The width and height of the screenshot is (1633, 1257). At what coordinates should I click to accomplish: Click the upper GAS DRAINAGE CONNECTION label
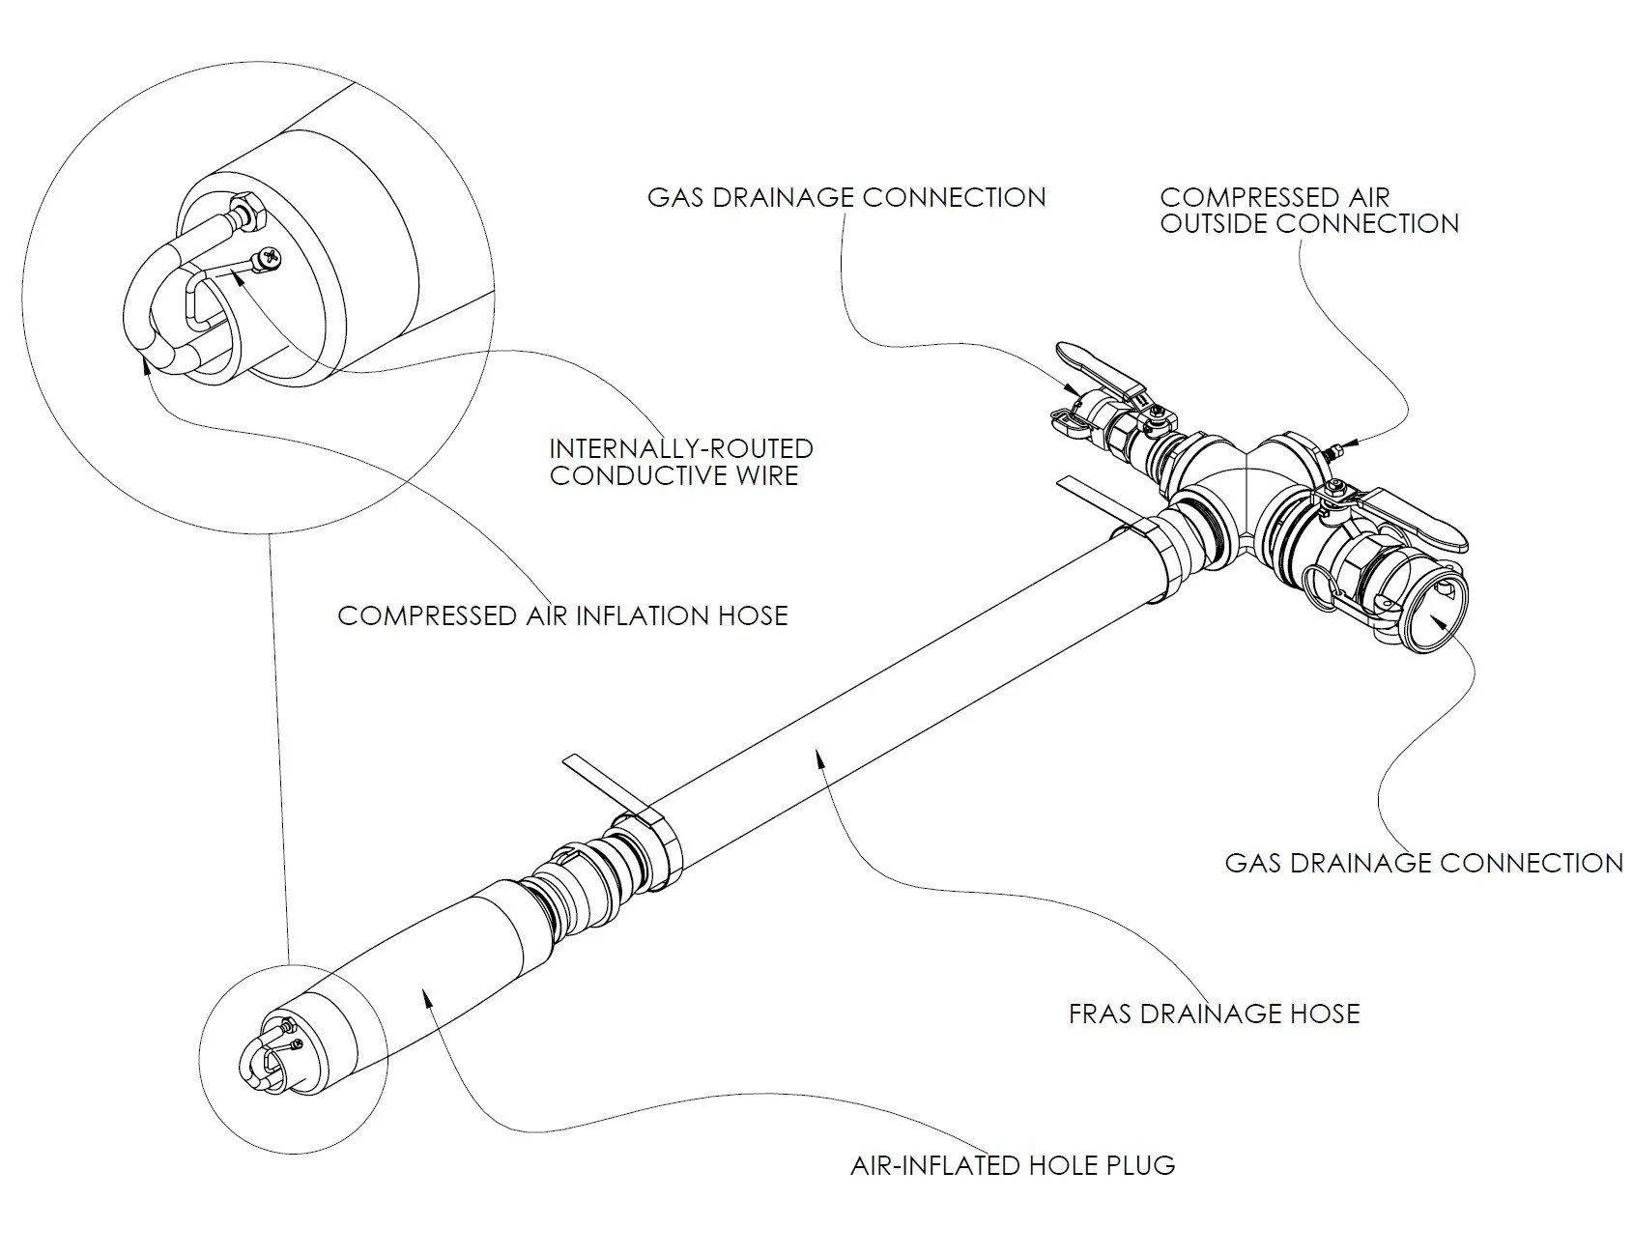coord(846,198)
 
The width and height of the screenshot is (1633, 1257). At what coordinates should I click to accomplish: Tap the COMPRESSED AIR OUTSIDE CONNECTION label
coord(1309,211)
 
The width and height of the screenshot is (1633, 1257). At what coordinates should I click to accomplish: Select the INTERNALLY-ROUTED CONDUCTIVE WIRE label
coord(681,462)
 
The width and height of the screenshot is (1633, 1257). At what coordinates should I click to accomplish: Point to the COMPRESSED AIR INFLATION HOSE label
coord(562,615)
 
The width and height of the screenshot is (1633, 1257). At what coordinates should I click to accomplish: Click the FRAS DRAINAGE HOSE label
coord(1215,1014)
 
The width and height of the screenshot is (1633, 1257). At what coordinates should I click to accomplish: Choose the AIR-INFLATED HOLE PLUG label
coord(1013,1165)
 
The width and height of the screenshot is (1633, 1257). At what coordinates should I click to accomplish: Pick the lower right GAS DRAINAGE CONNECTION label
coord(1424,863)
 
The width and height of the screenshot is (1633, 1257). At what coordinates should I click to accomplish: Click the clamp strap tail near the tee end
coord(1092,501)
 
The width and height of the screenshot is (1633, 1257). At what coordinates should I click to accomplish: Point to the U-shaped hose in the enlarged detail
coord(169,300)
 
